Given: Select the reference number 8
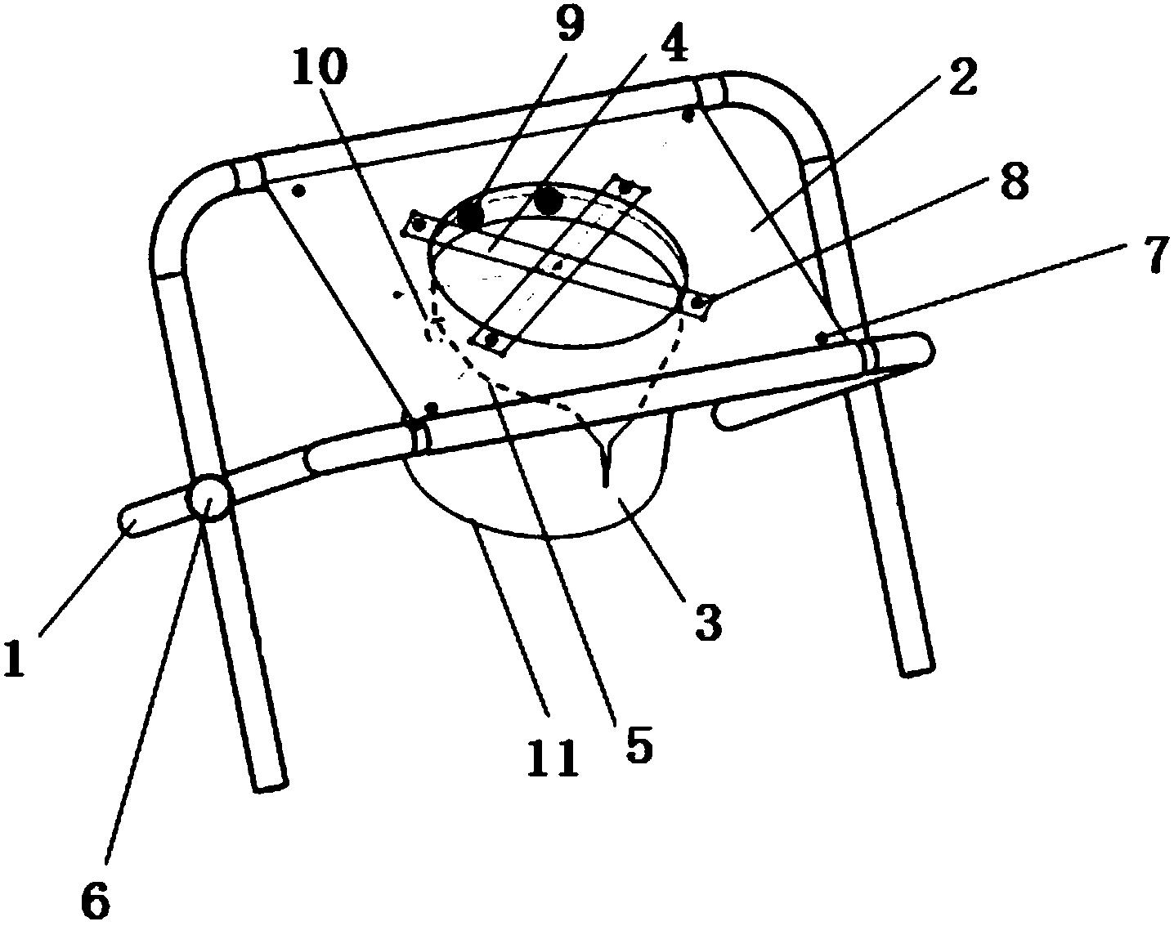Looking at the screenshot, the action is pos(1012,184).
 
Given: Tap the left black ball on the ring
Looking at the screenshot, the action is pos(470,215).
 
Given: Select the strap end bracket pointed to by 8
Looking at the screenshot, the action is pos(697,303).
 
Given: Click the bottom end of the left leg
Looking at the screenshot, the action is pos(268,785).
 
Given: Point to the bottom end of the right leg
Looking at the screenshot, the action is pos(916,670).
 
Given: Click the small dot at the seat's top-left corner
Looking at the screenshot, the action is pos(299,190).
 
